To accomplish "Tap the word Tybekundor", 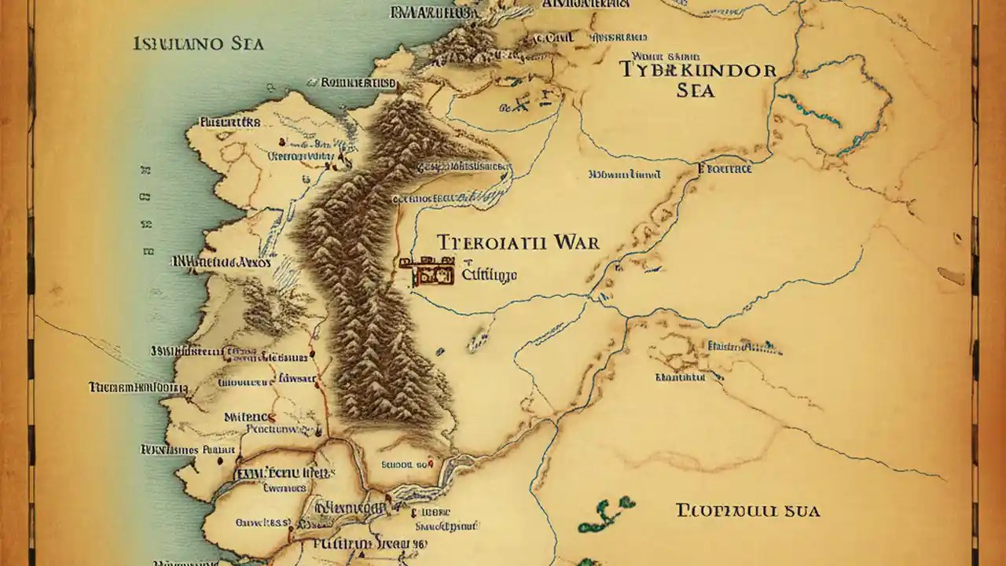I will tap(697, 69).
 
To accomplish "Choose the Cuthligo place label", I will tap(489, 274).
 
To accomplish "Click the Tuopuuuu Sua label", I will tap(747, 511).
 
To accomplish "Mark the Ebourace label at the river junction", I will tap(725, 168).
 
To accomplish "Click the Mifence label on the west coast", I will tap(250, 417).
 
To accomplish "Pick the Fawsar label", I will tap(296, 379).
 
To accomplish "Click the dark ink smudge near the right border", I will tap(951, 276).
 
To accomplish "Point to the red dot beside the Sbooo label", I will tap(431, 465).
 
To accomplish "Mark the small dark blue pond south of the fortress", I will tap(475, 343).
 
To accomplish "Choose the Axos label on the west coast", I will tap(253, 263).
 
